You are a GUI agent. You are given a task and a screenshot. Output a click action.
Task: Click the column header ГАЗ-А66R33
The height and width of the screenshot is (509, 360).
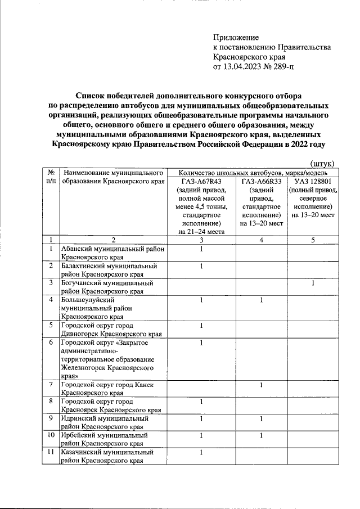pos(260,182)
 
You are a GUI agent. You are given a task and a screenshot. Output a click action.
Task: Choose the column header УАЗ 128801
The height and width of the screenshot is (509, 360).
pos(312,182)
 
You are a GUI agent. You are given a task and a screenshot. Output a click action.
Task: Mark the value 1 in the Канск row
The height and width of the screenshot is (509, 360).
pos(260,384)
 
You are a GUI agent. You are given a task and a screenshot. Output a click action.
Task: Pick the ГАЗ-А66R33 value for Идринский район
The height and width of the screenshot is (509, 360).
pos(260,418)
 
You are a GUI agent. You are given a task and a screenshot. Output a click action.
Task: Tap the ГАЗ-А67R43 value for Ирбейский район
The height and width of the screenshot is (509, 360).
pos(201,435)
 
